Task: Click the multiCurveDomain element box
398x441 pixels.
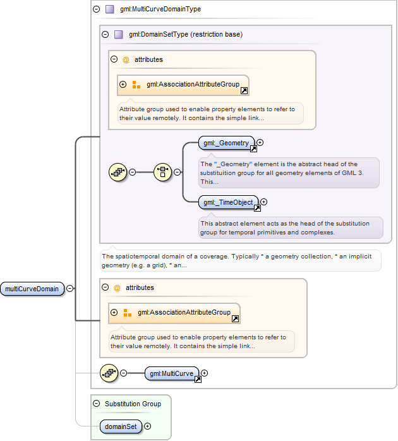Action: [32, 289]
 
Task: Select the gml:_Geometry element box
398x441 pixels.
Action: [226, 143]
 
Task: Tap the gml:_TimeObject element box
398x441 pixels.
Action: [228, 202]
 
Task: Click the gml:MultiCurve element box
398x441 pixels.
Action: [172, 373]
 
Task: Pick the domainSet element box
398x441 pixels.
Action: [121, 426]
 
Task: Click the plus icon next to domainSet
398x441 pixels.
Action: [148, 426]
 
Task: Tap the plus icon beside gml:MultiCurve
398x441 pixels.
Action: [205, 373]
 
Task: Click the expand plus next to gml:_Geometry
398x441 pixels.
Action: [260, 143]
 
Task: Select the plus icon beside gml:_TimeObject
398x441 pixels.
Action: [264, 202]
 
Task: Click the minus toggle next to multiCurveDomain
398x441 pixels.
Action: [69, 289]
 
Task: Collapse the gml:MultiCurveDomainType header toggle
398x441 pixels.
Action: [97, 9]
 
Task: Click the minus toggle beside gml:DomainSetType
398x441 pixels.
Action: [106, 34]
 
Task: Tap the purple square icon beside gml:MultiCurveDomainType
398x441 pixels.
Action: [110, 9]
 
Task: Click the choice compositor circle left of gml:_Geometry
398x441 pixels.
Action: [162, 172]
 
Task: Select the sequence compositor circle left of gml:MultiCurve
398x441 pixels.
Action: [109, 373]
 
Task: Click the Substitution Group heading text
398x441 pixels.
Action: [133, 404]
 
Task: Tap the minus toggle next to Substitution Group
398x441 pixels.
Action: [97, 404]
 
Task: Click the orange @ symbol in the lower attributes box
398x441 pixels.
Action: [117, 287]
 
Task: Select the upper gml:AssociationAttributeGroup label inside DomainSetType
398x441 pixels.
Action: [193, 84]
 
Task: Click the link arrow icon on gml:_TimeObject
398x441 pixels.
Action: [257, 208]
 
